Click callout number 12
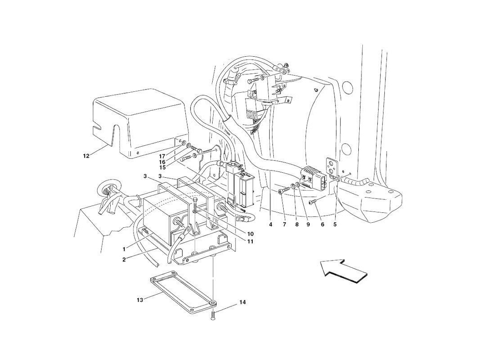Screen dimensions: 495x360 tap(86, 156)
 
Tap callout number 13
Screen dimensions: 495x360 tap(140, 299)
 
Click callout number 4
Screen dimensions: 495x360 tap(271, 225)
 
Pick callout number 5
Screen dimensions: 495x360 tap(335, 225)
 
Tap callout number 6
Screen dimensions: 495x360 tap(322, 225)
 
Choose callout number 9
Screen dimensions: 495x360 tap(308, 225)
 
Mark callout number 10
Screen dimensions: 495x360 tap(250, 234)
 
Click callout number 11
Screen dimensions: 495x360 tap(250, 241)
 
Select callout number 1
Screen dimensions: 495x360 tap(125, 249)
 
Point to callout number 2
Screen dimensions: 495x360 tap(125, 260)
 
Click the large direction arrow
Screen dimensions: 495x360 tap(344, 271)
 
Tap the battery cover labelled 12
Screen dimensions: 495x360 tap(140, 126)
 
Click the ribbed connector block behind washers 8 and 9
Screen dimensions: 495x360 tap(314, 177)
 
